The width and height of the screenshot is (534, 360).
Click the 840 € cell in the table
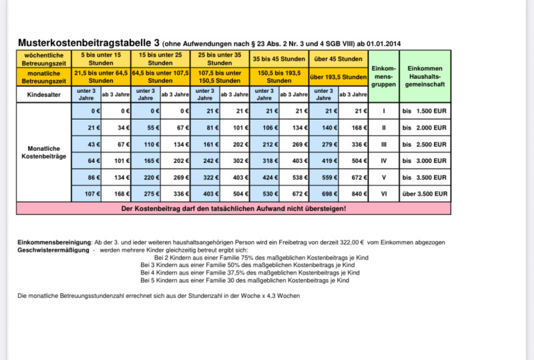pos(354,194)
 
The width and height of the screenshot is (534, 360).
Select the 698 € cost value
pos(324,194)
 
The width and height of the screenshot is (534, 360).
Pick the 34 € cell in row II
pos(115,126)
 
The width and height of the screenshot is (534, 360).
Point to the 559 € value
pos(324,178)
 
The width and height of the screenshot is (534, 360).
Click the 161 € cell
pos(205,144)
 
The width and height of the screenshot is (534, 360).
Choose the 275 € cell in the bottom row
pos(146,194)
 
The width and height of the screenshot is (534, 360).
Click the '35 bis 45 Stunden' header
pos(279,59)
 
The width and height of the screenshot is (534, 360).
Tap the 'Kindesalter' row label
pos(45,94)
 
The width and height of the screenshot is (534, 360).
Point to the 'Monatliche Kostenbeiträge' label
pos(45,152)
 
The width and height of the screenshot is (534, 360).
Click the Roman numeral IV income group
pos(384,160)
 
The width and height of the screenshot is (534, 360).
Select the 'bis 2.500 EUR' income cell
pos(424,144)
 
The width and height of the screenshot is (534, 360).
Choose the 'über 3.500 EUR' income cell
pos(424,194)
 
